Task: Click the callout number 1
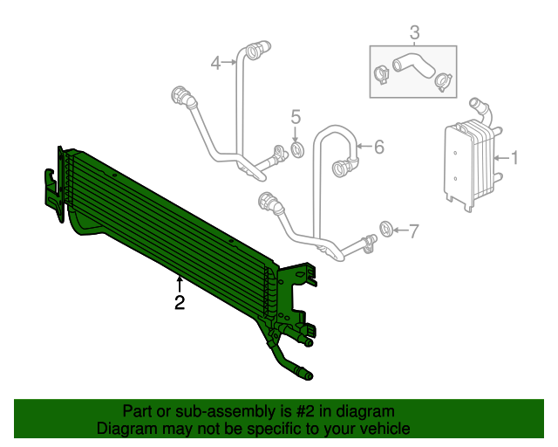click(514, 158)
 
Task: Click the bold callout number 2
click(179, 303)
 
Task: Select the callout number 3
click(414, 33)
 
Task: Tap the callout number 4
click(216, 62)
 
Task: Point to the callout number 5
click(296, 117)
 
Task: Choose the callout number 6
click(378, 148)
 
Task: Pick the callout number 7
click(413, 230)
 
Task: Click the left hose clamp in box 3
click(380, 74)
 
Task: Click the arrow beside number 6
click(364, 148)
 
